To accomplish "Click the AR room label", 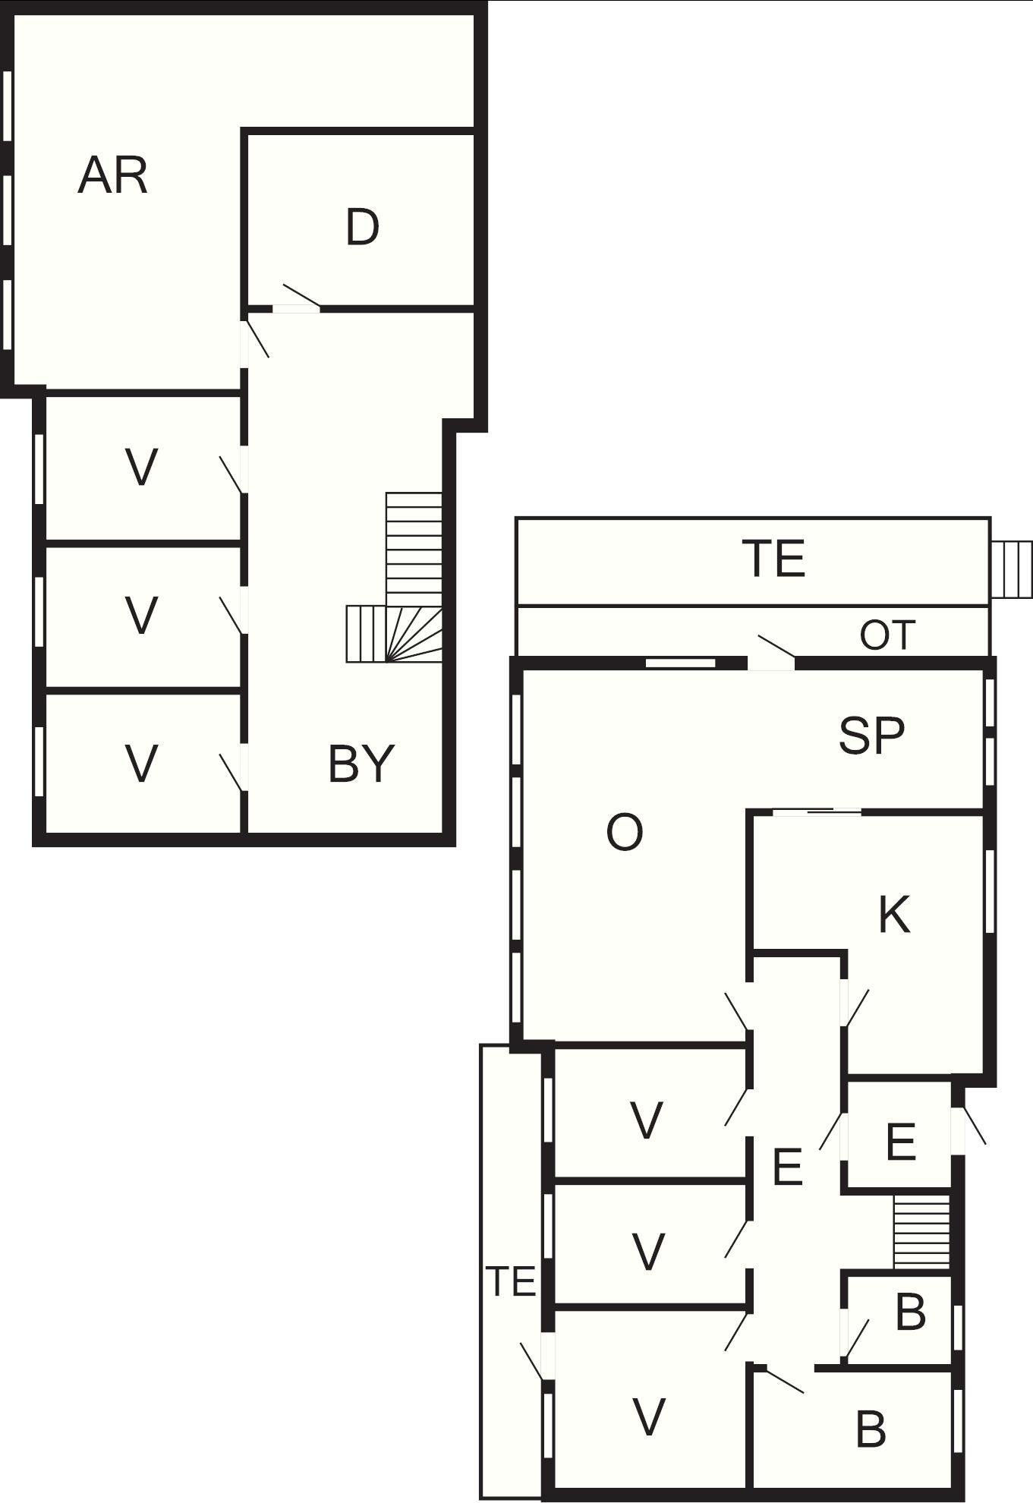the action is click(x=113, y=175).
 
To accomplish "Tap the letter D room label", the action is click(x=362, y=227).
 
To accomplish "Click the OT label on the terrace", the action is click(x=887, y=635).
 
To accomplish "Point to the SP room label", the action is click(x=872, y=735).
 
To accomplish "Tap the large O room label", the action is click(x=625, y=832).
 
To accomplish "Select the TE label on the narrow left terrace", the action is click(x=511, y=1281).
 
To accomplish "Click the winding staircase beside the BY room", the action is click(x=395, y=578).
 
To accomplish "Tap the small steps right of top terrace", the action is click(x=1012, y=569).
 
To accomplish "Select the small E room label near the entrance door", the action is click(x=900, y=1142).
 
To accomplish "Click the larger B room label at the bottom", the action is click(x=871, y=1429).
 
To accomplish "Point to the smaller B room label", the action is click(x=911, y=1312).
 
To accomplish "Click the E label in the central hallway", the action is click(x=787, y=1167).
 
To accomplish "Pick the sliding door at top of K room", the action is click(x=817, y=812).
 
